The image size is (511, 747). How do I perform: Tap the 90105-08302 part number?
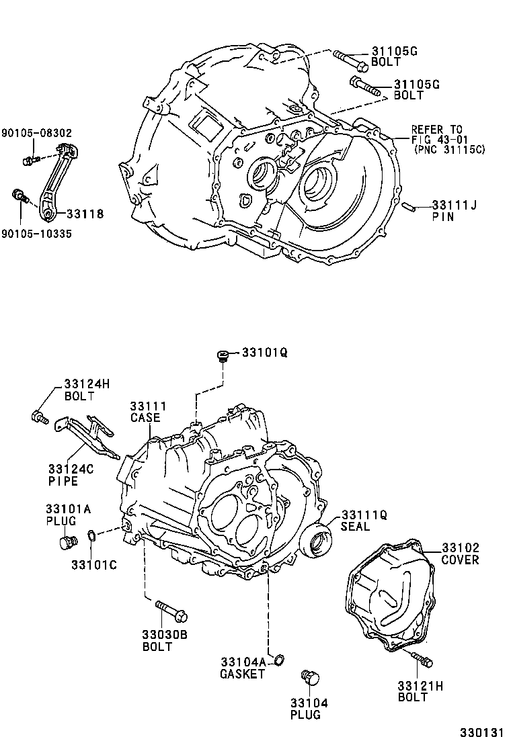click(36, 133)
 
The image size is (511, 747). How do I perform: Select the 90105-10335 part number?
click(36, 233)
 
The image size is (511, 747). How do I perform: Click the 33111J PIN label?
click(454, 211)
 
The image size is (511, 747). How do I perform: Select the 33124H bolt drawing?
click(39, 417)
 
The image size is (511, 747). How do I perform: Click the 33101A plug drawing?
click(66, 541)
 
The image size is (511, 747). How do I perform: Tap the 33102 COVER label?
click(460, 554)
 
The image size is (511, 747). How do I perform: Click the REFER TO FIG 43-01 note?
click(447, 139)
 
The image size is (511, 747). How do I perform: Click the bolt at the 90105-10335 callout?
click(20, 196)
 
